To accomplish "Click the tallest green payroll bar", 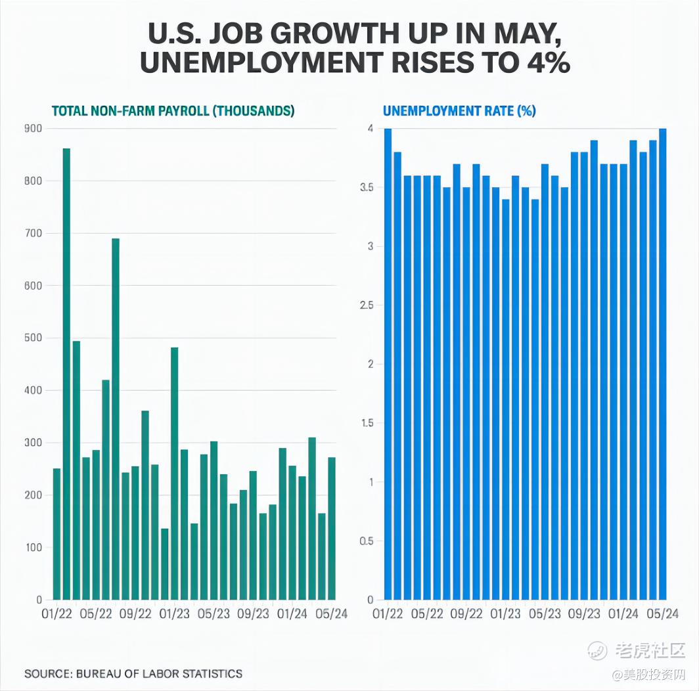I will [x=66, y=374].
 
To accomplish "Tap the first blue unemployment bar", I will [x=388, y=365].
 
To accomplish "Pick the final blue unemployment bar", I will [x=662, y=365].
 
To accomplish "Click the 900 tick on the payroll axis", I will [x=34, y=129].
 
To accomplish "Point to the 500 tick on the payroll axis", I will [x=34, y=338].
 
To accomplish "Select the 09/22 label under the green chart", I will [x=135, y=614].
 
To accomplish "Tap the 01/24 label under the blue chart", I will [x=623, y=614].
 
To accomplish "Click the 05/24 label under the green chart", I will [x=331, y=614].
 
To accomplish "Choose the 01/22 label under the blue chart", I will [x=388, y=614].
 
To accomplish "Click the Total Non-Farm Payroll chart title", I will [x=173, y=111].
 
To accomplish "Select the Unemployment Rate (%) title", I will [x=459, y=111].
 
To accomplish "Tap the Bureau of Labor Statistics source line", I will [x=133, y=673].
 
